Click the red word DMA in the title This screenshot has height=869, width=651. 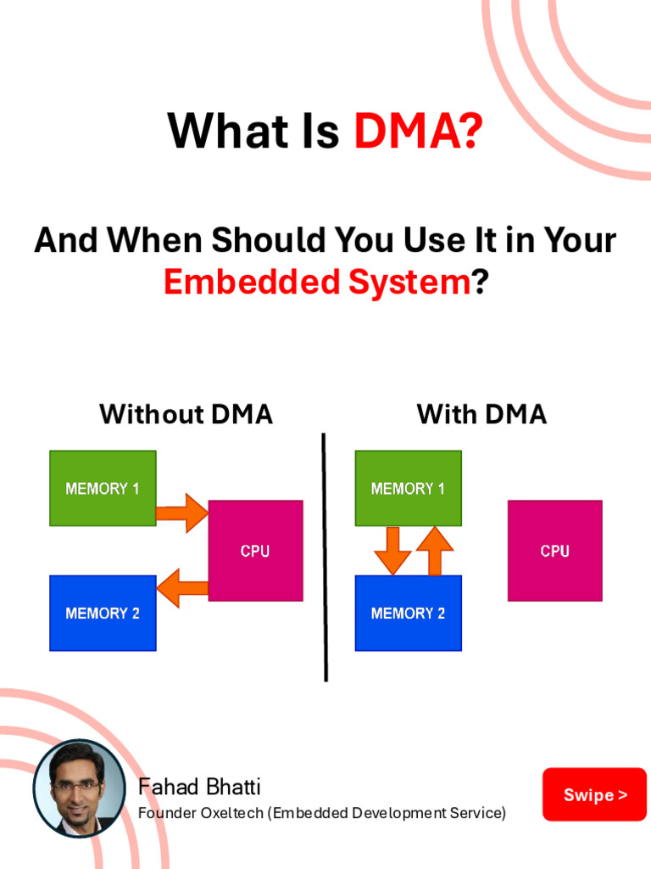418,132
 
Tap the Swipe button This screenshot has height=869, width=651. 594,794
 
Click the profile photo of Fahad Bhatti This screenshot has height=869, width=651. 80,788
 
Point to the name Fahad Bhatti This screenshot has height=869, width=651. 199,787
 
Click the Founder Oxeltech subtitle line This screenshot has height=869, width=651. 321,813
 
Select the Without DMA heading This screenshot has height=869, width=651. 186,414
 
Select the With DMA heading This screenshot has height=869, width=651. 481,414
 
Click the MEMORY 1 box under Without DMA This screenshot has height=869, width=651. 103,488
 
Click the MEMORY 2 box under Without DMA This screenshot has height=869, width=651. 103,613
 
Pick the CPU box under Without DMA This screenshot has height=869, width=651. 255,551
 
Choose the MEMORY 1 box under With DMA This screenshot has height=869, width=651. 408,488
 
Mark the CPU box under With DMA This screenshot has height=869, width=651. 554,551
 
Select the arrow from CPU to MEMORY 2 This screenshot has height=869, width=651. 182,587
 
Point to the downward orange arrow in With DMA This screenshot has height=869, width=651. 392,550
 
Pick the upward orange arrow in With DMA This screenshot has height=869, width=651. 435,550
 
